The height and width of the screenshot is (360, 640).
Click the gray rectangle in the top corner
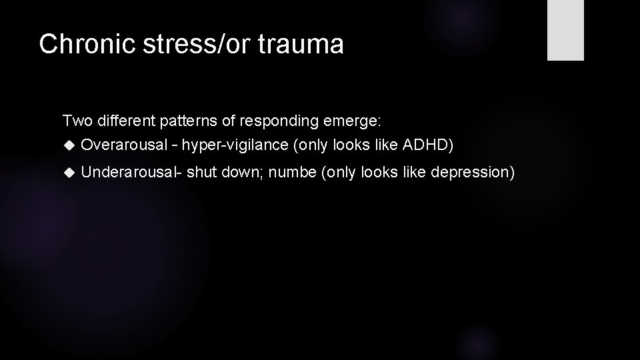[565, 30]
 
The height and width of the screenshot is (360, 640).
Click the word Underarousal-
[131, 172]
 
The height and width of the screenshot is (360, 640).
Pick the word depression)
[473, 172]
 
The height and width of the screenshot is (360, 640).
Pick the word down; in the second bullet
[237, 172]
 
